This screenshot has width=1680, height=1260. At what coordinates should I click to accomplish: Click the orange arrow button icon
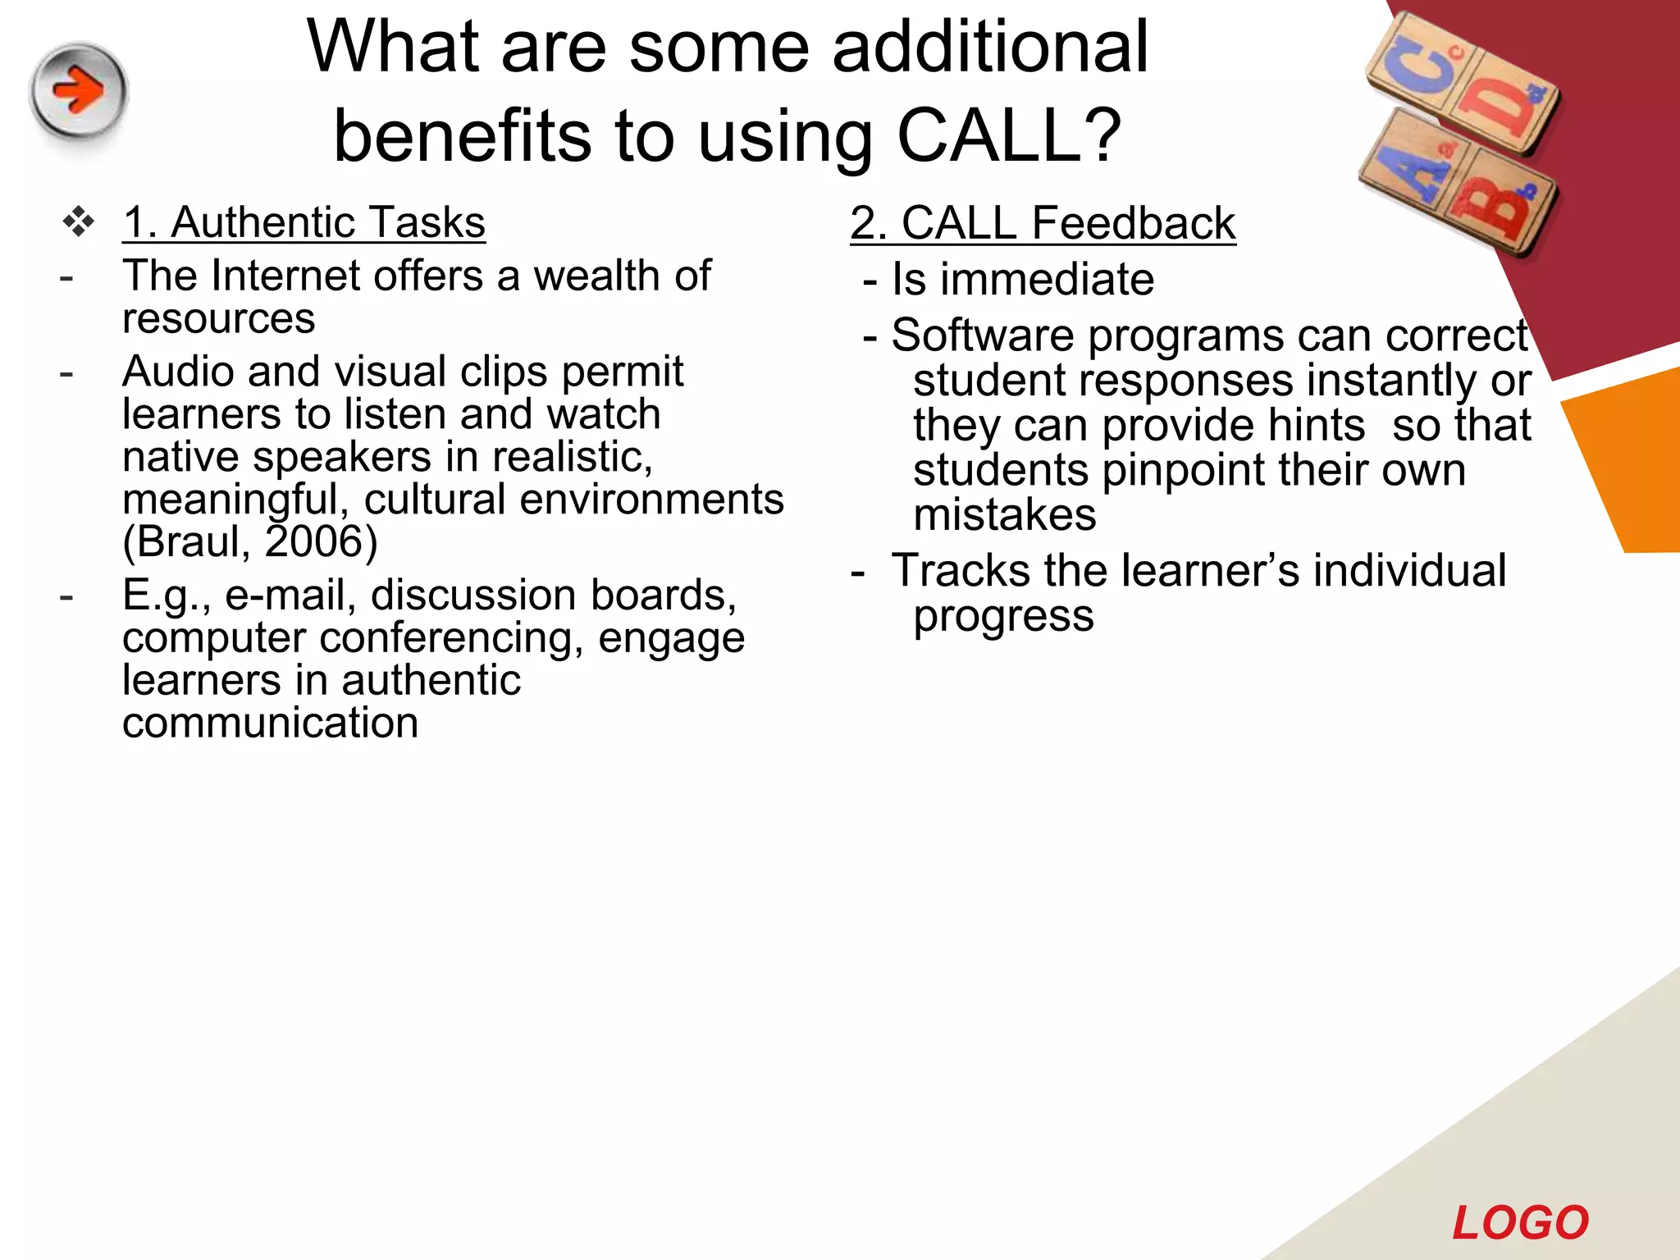click(x=79, y=91)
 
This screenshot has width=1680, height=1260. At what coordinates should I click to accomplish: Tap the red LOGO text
click(x=1520, y=1223)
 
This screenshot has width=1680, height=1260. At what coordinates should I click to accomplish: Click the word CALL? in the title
click(x=1008, y=135)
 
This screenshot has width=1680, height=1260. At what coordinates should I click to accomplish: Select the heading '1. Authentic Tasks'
click(x=304, y=222)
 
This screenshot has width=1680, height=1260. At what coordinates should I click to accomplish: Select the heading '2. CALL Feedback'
click(x=1043, y=223)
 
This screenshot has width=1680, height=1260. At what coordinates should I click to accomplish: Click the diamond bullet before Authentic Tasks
click(x=79, y=222)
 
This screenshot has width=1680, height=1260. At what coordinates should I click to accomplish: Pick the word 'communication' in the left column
click(x=270, y=724)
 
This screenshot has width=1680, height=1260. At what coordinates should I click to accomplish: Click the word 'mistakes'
click(x=1004, y=516)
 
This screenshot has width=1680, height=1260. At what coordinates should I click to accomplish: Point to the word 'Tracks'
click(x=960, y=571)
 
